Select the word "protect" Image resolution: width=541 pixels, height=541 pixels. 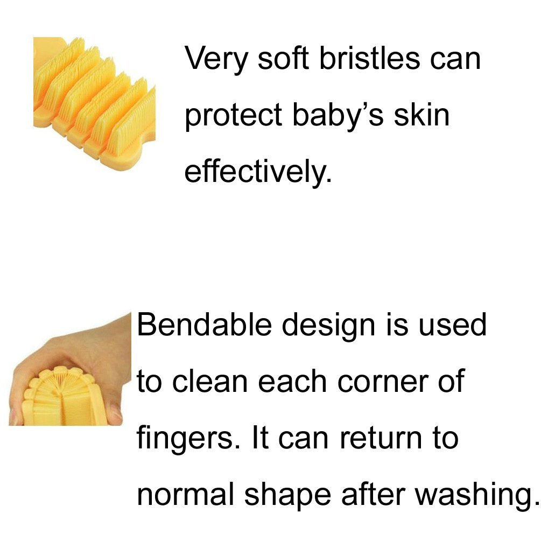(233, 117)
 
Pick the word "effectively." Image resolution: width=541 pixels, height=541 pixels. (257, 172)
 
